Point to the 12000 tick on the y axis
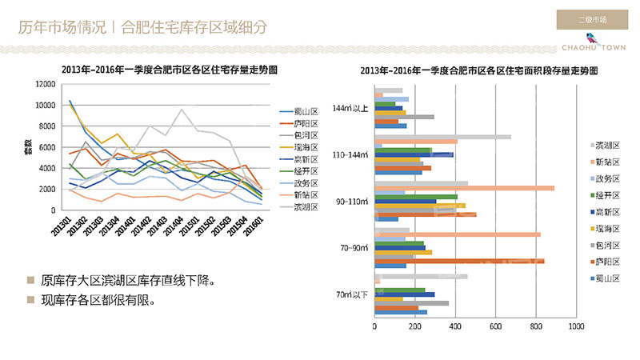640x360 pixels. click(x=44, y=84)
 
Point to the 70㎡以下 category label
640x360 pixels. click(x=352, y=295)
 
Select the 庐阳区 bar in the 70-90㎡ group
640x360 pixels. click(x=459, y=261)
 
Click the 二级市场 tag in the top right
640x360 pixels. click(x=592, y=19)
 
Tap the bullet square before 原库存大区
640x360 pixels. click(x=30, y=281)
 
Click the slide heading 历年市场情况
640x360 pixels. click(x=62, y=27)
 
